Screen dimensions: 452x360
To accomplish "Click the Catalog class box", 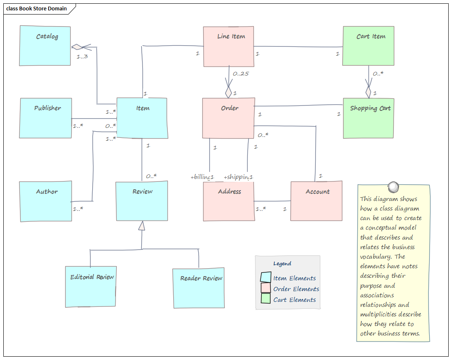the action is click(x=45, y=46).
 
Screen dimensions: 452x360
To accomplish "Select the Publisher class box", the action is click(x=46, y=118).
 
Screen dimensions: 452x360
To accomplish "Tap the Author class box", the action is click(x=46, y=201).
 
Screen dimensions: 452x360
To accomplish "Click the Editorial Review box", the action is click(x=91, y=287).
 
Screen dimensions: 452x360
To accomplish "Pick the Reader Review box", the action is click(x=199, y=288).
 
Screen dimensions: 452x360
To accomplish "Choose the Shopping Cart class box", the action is click(x=368, y=118).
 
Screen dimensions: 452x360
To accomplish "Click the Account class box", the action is click(x=316, y=201).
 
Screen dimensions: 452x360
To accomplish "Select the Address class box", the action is click(x=229, y=201).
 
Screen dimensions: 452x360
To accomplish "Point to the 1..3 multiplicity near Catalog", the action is click(x=82, y=56).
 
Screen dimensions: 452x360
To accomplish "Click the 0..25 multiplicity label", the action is click(x=241, y=74).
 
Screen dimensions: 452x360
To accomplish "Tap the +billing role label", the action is click(x=200, y=177).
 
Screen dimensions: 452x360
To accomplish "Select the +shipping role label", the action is click(x=236, y=177).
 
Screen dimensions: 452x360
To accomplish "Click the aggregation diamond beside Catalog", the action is click(x=77, y=47).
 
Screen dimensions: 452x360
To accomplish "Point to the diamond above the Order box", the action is click(x=228, y=92).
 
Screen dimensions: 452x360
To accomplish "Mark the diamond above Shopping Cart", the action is click(x=368, y=92).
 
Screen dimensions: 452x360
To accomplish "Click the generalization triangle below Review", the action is click(x=142, y=226).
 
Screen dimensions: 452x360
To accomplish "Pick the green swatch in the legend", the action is click(x=265, y=299).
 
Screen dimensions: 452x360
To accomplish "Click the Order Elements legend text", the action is click(x=296, y=289).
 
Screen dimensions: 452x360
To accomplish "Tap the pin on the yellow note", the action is click(x=393, y=187).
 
